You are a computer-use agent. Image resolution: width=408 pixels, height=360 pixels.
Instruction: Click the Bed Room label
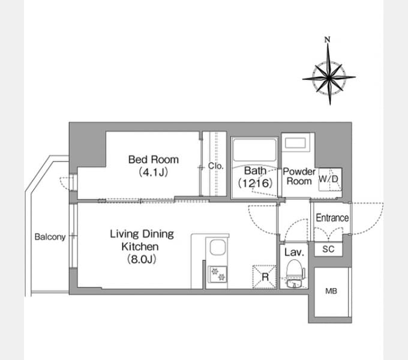click(154, 160)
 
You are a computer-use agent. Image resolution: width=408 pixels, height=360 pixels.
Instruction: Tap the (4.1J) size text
click(153, 172)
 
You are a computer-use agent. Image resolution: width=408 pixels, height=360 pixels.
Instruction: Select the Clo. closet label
click(216, 166)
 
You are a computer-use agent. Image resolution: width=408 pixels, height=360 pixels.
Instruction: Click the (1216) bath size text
click(255, 183)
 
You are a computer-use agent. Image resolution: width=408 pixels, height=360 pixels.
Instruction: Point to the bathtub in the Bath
click(254, 150)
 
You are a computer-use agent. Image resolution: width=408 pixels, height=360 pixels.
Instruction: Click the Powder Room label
click(299, 176)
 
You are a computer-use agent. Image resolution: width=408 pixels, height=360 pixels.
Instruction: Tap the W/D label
click(328, 179)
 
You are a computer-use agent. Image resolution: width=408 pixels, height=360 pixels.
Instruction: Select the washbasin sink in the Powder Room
click(295, 143)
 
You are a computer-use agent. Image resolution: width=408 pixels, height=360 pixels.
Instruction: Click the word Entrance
click(332, 218)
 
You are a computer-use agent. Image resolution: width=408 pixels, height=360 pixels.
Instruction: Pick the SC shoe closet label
click(328, 249)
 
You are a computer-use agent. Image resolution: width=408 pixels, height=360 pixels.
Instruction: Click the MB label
click(331, 291)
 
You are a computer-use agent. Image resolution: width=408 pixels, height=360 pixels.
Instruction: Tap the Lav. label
click(294, 252)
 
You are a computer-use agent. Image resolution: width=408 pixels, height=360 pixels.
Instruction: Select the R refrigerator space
click(265, 277)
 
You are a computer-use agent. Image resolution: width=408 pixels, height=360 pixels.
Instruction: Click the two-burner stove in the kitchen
click(218, 275)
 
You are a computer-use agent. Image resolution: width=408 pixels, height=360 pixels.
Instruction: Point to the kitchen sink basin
click(218, 247)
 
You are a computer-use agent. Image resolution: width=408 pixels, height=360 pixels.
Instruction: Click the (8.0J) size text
click(142, 259)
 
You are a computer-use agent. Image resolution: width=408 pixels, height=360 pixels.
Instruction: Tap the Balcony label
click(50, 237)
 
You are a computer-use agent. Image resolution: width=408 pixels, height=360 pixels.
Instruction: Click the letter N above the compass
click(328, 40)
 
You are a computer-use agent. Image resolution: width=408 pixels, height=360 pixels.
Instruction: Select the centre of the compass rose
click(329, 77)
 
